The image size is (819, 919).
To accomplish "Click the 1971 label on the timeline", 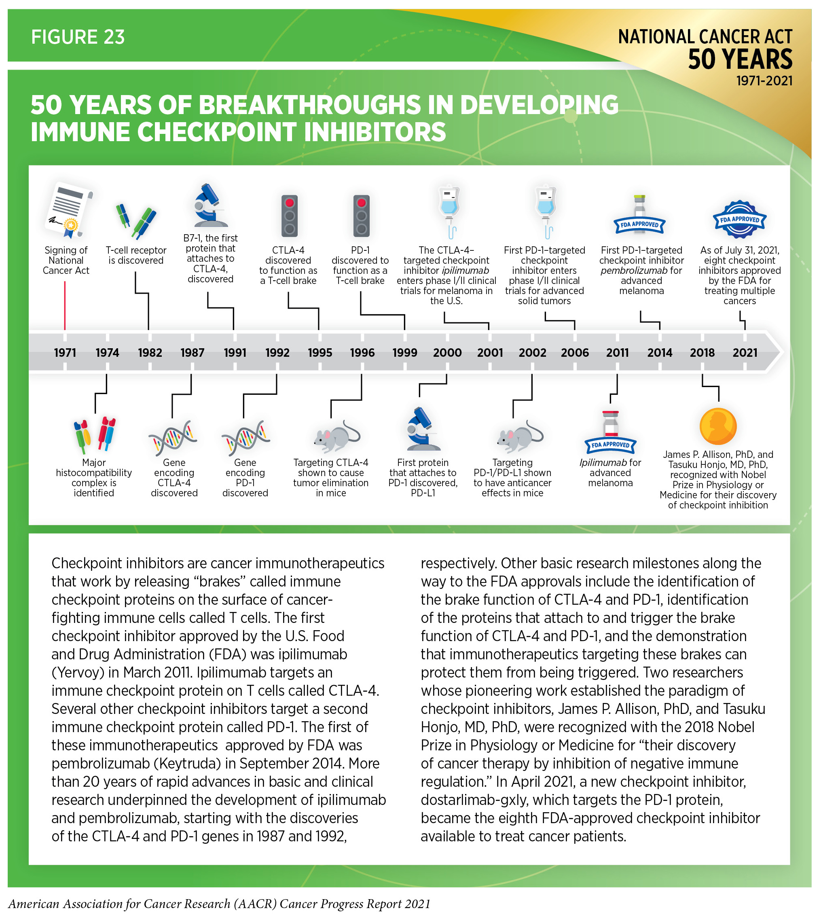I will pyautogui.click(x=65, y=352).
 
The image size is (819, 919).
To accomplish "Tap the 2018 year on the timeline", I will pyautogui.click(x=702, y=352).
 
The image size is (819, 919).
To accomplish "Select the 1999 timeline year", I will pyautogui.click(x=404, y=352).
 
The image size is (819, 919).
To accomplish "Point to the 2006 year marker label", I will pyautogui.click(x=575, y=352).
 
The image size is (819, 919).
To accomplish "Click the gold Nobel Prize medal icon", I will pyautogui.click(x=718, y=426).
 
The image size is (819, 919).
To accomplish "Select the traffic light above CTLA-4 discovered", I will pyautogui.click(x=289, y=216).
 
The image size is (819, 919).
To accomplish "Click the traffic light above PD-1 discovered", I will pyautogui.click(x=361, y=216).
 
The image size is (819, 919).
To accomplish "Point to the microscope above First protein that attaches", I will pyautogui.click(x=422, y=429).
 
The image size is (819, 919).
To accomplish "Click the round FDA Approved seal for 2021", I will pyautogui.click(x=739, y=219).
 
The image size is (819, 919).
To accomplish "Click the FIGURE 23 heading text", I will pyautogui.click(x=77, y=37).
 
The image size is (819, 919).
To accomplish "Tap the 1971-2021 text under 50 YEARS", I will pyautogui.click(x=764, y=81).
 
